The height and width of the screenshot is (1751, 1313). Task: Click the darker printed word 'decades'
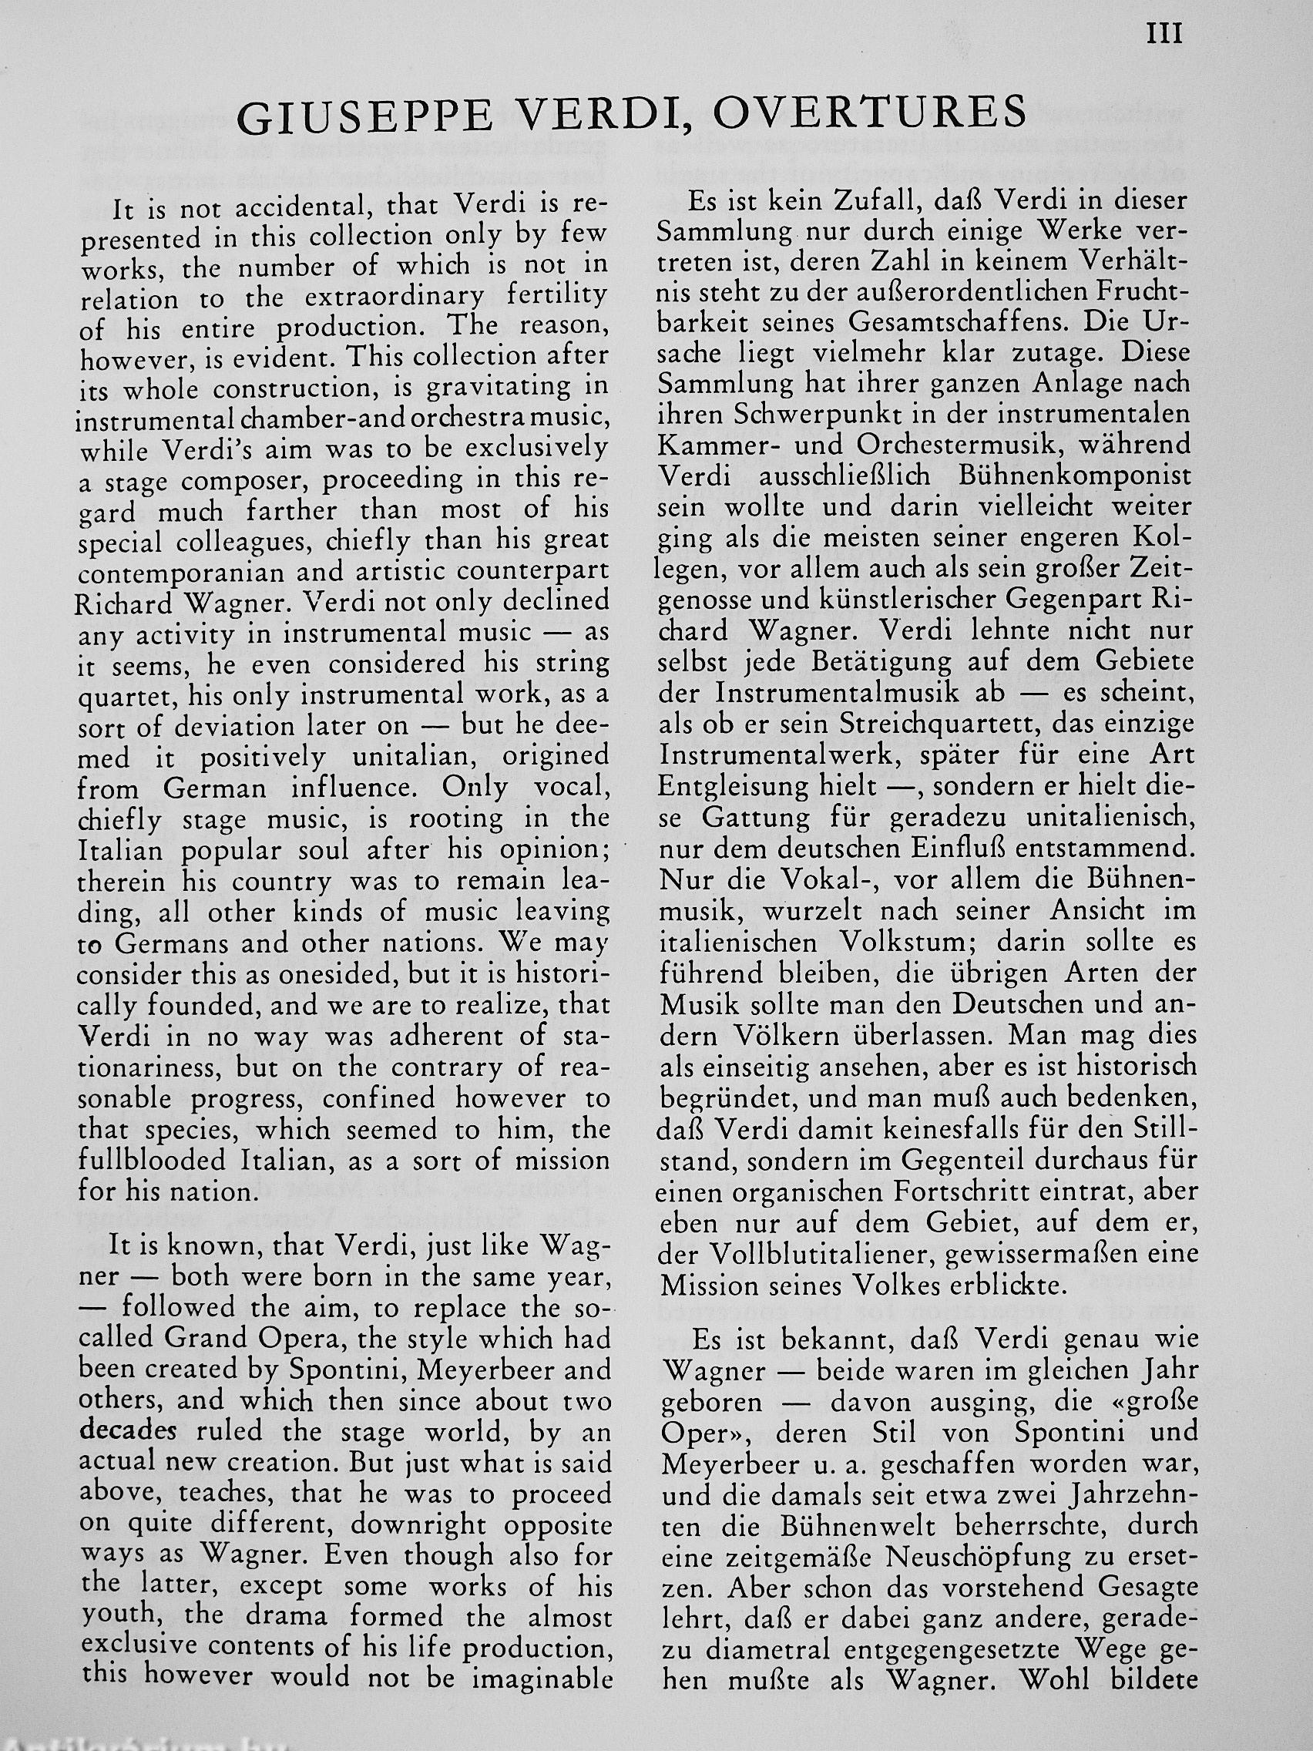click(x=128, y=1431)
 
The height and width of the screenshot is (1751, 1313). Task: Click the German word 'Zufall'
click(x=855, y=202)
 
